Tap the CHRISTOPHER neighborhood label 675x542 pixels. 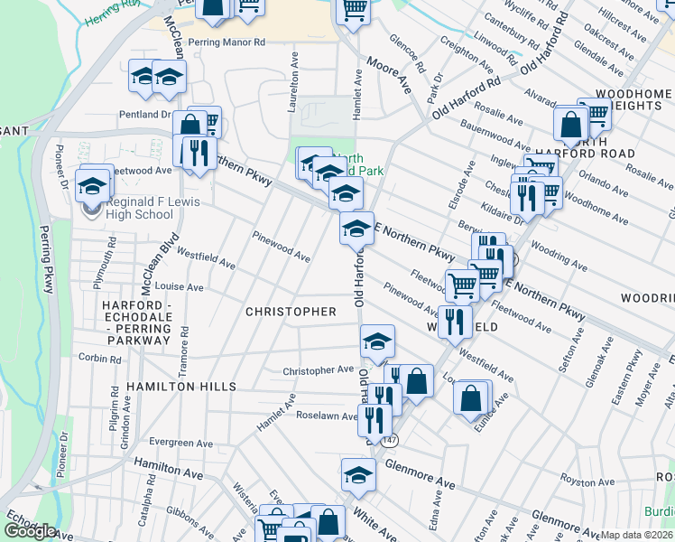pos(291,312)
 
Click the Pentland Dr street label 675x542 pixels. pos(145,115)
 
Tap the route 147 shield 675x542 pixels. pos(389,440)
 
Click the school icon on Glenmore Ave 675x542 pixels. pos(357,474)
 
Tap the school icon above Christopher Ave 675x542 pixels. pos(377,341)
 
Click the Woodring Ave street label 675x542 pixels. pos(559,257)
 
